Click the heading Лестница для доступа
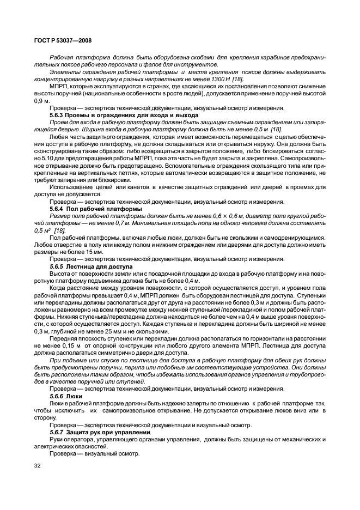(x=98, y=266)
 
